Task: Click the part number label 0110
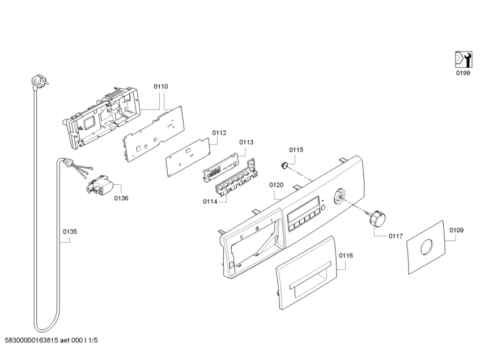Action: coord(161,87)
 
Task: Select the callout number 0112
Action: coord(219,133)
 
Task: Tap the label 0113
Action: coord(246,142)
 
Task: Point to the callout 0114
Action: coord(210,201)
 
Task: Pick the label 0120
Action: coord(276,185)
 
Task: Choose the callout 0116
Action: coord(346,256)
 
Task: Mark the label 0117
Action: coord(396,236)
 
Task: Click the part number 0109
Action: coord(456,230)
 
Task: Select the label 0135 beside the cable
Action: coord(70,231)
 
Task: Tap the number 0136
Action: coord(121,198)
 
